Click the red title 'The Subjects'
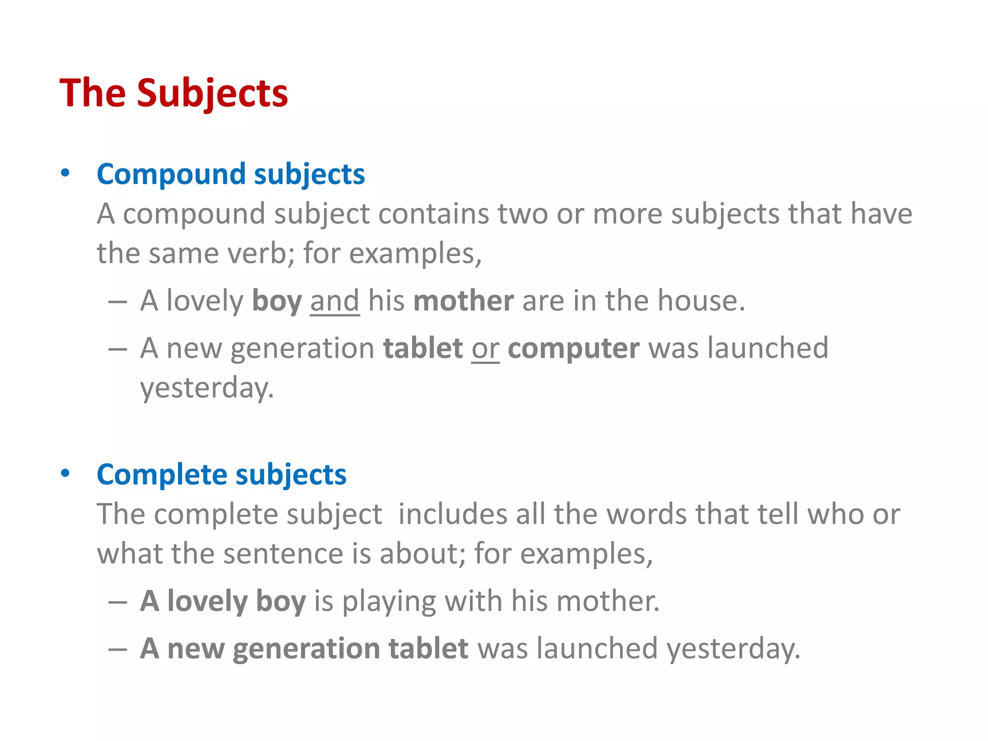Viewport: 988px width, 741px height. click(x=174, y=93)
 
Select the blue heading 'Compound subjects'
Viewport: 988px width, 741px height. click(x=231, y=174)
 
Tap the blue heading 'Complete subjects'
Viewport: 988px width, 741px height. click(x=221, y=474)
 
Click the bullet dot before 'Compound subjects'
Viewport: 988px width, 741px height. click(x=66, y=173)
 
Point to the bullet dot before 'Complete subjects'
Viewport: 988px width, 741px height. click(x=66, y=473)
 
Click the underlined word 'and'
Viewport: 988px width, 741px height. click(x=334, y=301)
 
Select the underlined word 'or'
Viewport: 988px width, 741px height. click(x=485, y=348)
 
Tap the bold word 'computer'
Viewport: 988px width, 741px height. click(x=574, y=348)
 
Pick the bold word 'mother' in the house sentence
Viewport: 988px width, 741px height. click(x=464, y=301)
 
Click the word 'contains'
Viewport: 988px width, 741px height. click(x=433, y=213)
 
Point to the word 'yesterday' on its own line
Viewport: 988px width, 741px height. click(x=206, y=388)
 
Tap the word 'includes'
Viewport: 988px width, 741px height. click(x=453, y=514)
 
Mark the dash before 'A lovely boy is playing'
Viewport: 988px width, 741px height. click(x=118, y=602)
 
